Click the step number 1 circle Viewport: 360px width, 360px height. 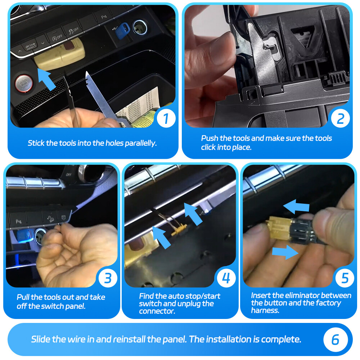point(166,118)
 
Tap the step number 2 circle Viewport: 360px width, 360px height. point(340,118)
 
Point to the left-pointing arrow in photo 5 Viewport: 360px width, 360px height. point(296,206)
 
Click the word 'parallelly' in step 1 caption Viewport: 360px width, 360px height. point(140,143)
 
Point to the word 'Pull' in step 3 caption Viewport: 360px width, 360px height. point(23,297)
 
